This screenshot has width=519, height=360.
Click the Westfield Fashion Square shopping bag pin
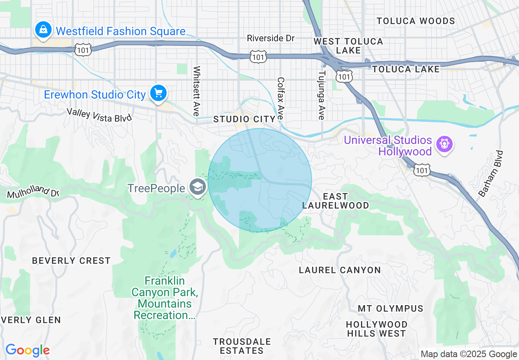click(43, 30)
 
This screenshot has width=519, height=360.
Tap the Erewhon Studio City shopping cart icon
click(158, 94)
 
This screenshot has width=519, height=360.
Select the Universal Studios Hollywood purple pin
click(444, 144)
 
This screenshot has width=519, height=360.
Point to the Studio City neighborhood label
click(244, 119)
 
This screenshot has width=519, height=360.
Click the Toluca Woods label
click(415, 21)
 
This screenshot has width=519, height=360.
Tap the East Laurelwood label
click(336, 201)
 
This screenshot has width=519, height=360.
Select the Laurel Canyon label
click(340, 270)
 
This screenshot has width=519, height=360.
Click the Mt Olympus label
click(390, 308)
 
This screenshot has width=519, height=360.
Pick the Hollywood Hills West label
click(377, 329)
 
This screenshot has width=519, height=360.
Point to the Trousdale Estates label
click(241, 346)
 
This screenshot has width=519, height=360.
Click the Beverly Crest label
click(71, 261)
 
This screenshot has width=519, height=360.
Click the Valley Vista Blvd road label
click(99, 115)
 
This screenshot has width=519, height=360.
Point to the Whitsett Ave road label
click(197, 91)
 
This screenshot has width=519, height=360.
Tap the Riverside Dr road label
click(271, 38)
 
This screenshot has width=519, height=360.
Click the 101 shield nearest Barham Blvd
click(421, 170)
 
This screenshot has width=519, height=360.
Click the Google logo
click(27, 350)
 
